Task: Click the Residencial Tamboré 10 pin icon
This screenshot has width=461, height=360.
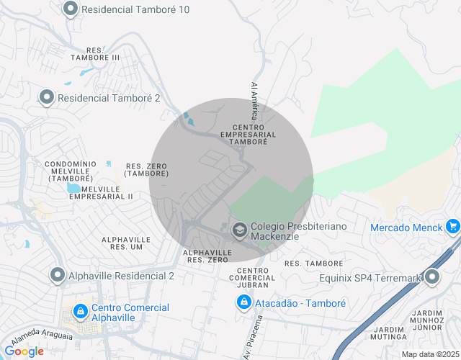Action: click(x=71, y=9)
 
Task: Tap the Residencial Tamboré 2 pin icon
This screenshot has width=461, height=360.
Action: click(x=47, y=97)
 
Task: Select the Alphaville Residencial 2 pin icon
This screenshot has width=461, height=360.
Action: click(x=57, y=274)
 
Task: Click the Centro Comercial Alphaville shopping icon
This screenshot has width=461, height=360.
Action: click(x=81, y=312)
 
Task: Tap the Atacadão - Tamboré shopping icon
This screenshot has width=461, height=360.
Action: click(x=244, y=303)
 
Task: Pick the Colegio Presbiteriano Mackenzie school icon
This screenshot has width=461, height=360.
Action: click(x=239, y=230)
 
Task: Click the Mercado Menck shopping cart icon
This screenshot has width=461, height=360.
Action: click(x=452, y=228)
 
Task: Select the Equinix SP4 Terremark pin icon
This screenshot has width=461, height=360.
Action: click(x=432, y=277)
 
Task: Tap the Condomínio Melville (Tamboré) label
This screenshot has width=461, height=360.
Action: click(x=71, y=171)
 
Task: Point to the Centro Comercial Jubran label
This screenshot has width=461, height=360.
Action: click(x=252, y=278)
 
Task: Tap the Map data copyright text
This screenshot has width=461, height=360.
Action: click(x=430, y=354)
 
